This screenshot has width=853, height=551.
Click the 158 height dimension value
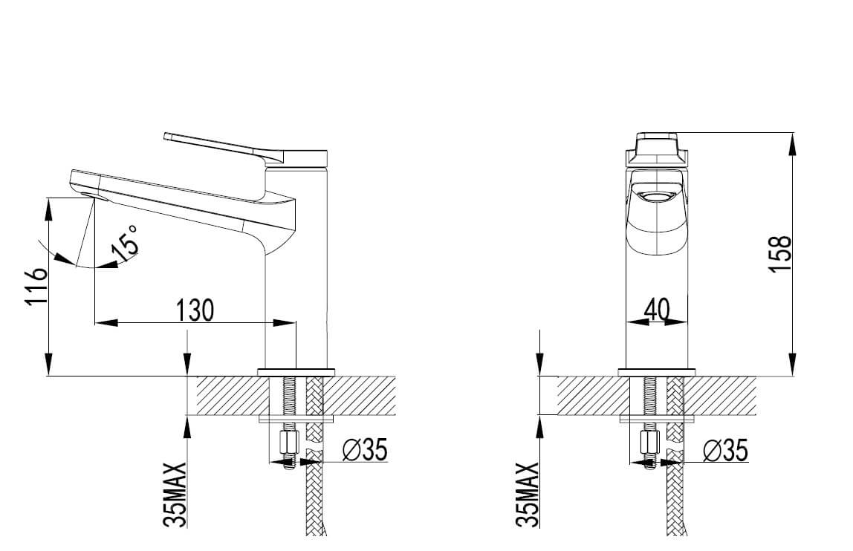pyautogui.click(x=781, y=254)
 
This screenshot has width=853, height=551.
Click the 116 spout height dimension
pyautogui.click(x=36, y=287)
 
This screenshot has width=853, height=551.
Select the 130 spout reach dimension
pyautogui.click(x=195, y=310)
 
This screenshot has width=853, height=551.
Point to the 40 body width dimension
pyautogui.click(x=657, y=310)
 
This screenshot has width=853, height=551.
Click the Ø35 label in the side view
pyautogui.click(x=365, y=450)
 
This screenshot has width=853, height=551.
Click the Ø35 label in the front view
pyautogui.click(x=726, y=450)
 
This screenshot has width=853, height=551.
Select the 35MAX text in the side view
pyautogui.click(x=175, y=495)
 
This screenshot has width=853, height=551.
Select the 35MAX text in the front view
pyautogui.click(x=527, y=495)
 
